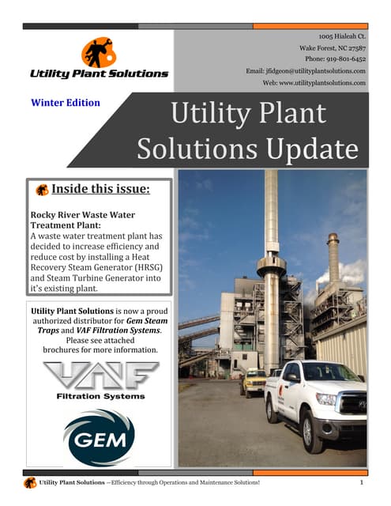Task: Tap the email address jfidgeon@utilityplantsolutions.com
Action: tap(305, 70)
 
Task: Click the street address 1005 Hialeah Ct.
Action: tap(342, 36)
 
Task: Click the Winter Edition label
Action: tap(66, 102)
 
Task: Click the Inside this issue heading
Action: tap(100, 190)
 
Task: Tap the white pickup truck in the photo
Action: tap(316, 399)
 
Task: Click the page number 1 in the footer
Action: tap(360, 481)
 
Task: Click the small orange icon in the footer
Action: tap(29, 482)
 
